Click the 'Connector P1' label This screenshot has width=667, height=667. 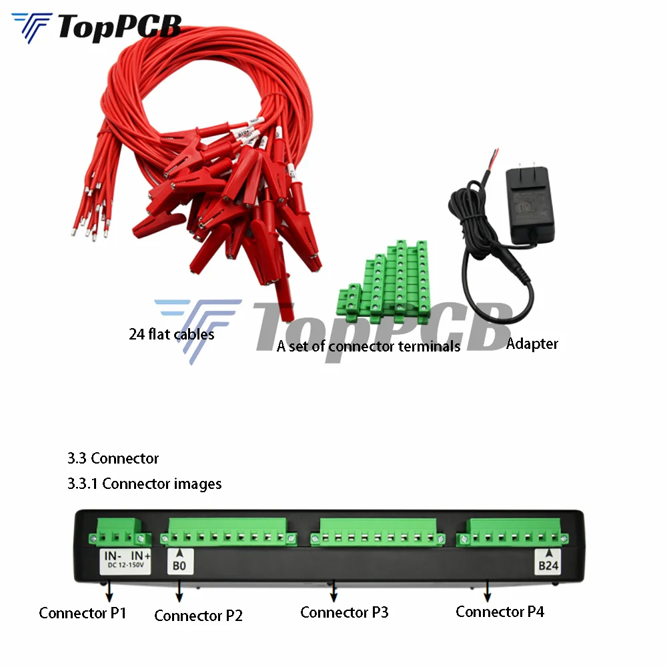point(82,613)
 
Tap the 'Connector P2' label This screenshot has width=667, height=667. point(198,615)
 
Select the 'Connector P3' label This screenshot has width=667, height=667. point(344,612)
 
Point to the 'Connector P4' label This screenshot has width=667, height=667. point(500,611)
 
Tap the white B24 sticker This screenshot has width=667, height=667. point(548,561)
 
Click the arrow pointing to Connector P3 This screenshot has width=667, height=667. point(333,590)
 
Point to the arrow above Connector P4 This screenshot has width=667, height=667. point(488,590)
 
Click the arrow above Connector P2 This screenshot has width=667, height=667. point(179,591)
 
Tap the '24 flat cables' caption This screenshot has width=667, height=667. point(171,334)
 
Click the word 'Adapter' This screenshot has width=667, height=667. point(532,344)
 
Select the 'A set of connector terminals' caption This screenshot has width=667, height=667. point(368,346)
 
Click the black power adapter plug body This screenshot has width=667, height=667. point(531,205)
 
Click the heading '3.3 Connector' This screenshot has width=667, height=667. point(113,458)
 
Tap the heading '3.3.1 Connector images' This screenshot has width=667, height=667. point(144,484)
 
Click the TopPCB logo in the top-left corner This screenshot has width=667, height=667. point(97,27)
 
